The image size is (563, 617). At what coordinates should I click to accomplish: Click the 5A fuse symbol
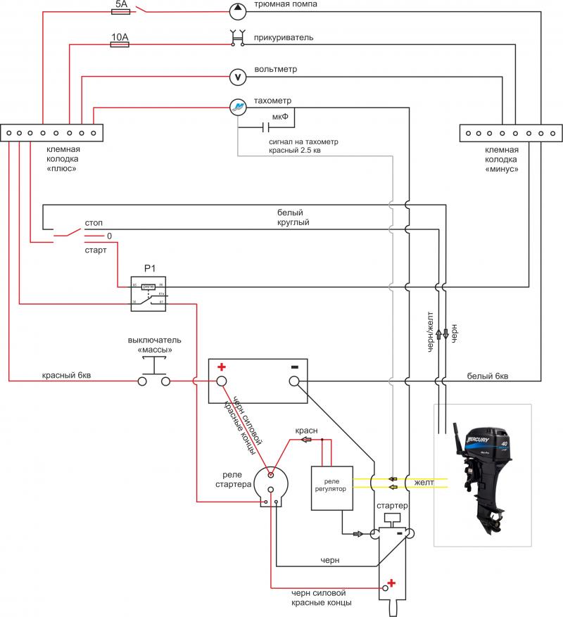click(120, 10)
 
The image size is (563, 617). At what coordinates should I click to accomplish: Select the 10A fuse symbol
click(120, 44)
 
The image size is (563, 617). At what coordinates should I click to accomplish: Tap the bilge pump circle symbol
click(238, 9)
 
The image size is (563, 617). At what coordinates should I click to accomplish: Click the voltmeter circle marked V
click(238, 76)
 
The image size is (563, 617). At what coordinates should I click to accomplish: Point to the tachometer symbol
click(238, 107)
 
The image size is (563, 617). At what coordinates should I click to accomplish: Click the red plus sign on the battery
click(222, 367)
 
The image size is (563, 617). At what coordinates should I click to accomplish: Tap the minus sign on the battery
click(295, 367)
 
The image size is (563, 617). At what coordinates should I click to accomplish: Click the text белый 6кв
click(487, 376)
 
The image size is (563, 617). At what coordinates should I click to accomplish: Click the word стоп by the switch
click(94, 223)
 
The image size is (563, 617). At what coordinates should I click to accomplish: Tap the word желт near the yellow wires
click(424, 483)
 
